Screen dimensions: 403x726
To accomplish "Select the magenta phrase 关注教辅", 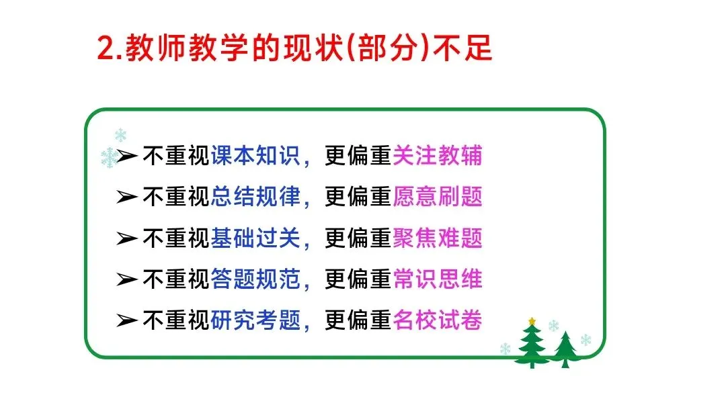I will tap(437, 156).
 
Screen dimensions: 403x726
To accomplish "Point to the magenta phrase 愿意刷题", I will tap(437, 197).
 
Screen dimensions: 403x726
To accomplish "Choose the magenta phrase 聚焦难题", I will tap(437, 238).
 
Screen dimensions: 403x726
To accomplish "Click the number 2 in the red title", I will tap(107, 48).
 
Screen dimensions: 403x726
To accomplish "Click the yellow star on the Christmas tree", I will tap(532, 321).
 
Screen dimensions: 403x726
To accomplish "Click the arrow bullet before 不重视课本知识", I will tap(127, 156).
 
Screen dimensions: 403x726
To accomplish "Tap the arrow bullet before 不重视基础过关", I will tap(127, 238).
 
